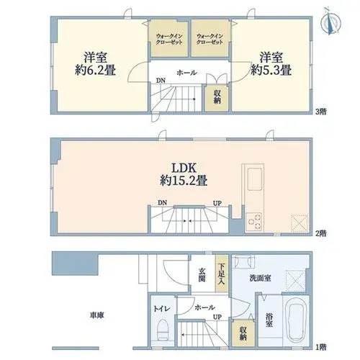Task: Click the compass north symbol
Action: coord(330,21)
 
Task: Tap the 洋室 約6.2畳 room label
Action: coord(95,64)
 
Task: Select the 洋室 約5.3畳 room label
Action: coord(271,64)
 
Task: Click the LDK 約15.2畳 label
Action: coord(184,174)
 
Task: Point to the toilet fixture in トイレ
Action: coord(163,329)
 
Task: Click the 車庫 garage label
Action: coord(97,315)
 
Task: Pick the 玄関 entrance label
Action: coord(202,275)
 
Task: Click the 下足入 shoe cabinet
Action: coord(221,274)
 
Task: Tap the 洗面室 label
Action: coord(261,279)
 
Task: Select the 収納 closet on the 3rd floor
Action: coord(217,98)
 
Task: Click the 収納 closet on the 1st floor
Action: coord(243,333)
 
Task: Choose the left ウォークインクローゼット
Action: coord(169,39)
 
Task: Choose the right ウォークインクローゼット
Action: coord(210,39)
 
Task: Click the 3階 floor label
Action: coord(321,112)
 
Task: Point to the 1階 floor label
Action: coord(321,347)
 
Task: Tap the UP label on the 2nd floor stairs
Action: coord(217,203)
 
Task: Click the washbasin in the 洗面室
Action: coord(244,261)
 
